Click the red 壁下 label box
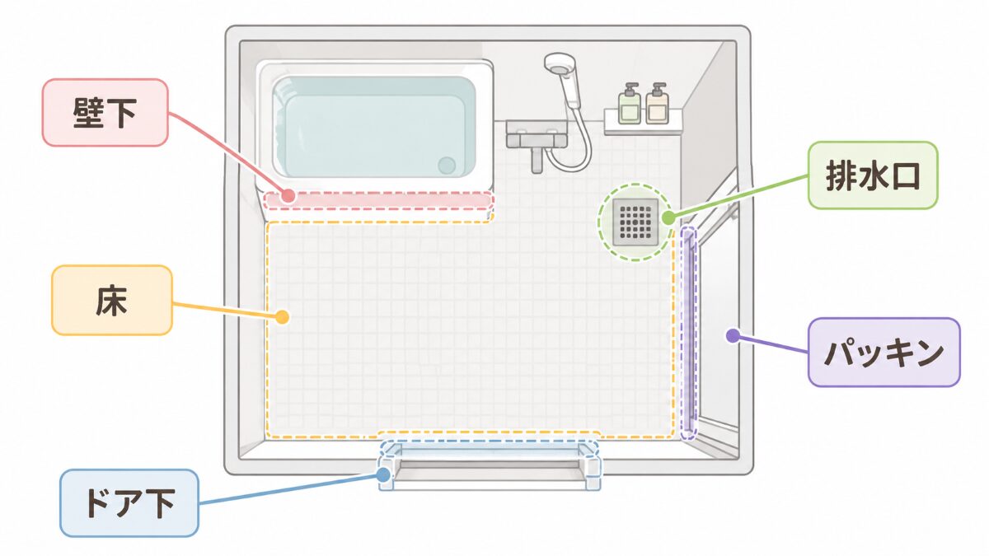pyautogui.click(x=105, y=113)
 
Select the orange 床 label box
pyautogui.click(x=112, y=300)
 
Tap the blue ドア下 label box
pyautogui.click(x=129, y=503)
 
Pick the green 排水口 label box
pyautogui.click(x=873, y=175)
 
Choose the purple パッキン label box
pyautogui.click(x=884, y=353)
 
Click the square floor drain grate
pyautogui.click(x=635, y=222)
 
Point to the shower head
pyautogui.click(x=560, y=67)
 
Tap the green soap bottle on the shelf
pyautogui.click(x=629, y=104)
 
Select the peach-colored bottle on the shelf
pyautogui.click(x=657, y=104)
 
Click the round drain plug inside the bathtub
pyautogui.click(x=447, y=166)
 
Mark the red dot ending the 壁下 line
pyautogui.click(x=288, y=195)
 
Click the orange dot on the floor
pyautogui.click(x=282, y=317)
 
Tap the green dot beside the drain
pyautogui.click(x=668, y=217)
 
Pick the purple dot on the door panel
pyautogui.click(x=733, y=336)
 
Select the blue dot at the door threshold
pyautogui.click(x=383, y=474)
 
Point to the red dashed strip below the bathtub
pyautogui.click(x=378, y=200)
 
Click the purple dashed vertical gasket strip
pyautogui.click(x=688, y=333)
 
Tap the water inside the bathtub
pyautogui.click(x=374, y=127)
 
